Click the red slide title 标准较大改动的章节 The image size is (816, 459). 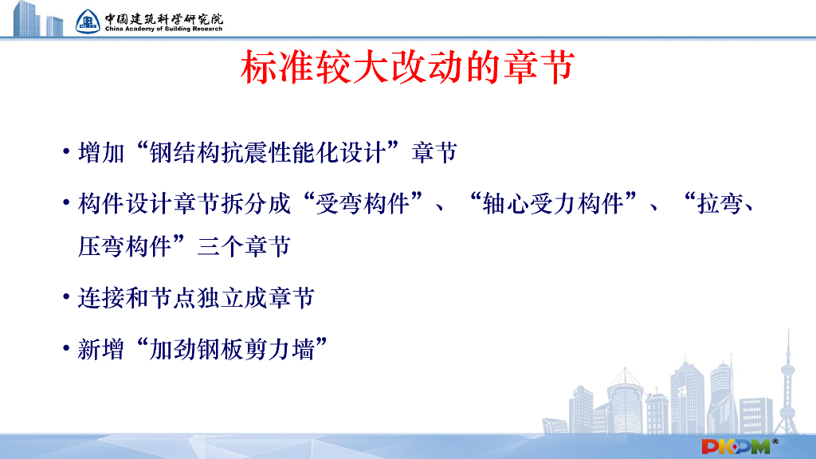(407, 69)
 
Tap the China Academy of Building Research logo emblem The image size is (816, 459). (88, 21)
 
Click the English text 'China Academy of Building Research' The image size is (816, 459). (163, 29)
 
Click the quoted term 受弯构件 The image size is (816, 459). (363, 204)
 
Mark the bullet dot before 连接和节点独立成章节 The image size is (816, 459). (67, 299)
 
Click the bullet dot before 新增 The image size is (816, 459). (67, 350)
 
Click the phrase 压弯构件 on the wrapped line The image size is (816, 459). (124, 245)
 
